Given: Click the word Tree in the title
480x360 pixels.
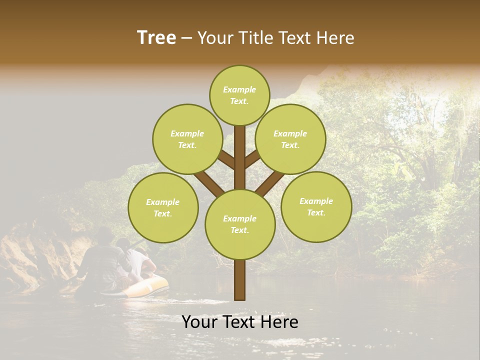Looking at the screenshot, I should [x=156, y=38].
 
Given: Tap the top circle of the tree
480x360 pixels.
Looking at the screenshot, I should [x=239, y=95].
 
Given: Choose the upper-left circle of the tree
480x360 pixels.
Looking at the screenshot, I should [x=187, y=139].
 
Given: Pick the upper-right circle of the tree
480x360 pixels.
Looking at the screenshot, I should [x=290, y=139].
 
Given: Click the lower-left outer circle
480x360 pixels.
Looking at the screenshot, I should [x=163, y=207].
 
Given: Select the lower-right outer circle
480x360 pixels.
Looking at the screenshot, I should [x=316, y=206].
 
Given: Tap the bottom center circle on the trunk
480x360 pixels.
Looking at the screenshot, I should [x=240, y=224].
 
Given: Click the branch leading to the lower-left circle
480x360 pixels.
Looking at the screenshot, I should [x=209, y=183].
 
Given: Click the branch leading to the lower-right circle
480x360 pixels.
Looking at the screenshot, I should [x=270, y=183].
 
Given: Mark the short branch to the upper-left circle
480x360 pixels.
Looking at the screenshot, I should [x=227, y=159].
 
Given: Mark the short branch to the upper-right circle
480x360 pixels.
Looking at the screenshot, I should [x=252, y=158].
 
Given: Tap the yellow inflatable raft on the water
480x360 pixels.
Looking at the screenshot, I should [x=150, y=287].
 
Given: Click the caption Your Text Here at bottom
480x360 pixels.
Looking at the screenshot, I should [x=240, y=322].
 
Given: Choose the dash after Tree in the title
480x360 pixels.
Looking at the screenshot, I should [x=186, y=38].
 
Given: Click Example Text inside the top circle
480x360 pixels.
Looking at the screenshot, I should [x=239, y=95].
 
